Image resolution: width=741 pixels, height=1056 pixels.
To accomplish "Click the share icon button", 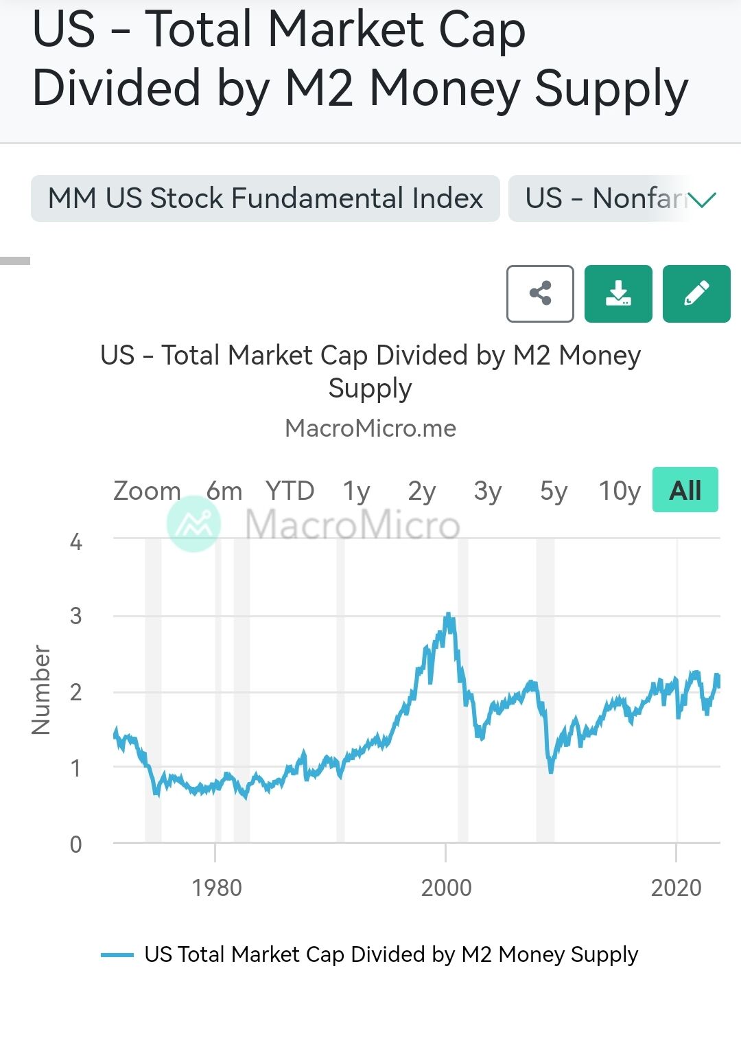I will [x=540, y=294].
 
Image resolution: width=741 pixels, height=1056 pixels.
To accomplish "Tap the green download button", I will [x=618, y=294].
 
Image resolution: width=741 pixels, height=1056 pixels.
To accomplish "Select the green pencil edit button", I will [x=696, y=294].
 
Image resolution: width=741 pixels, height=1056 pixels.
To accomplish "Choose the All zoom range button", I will [x=685, y=490].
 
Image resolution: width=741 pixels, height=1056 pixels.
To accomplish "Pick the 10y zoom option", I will [x=619, y=491].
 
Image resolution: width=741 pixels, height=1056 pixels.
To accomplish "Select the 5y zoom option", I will [x=554, y=491].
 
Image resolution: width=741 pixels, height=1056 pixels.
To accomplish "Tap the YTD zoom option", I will [x=290, y=491].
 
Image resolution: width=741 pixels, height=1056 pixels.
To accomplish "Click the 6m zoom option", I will [x=224, y=491].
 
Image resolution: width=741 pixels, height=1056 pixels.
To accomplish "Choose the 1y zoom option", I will [x=356, y=491].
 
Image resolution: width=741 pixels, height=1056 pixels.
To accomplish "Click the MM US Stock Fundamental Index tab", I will [x=266, y=198].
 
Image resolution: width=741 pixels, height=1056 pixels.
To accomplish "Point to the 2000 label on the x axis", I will [x=446, y=888].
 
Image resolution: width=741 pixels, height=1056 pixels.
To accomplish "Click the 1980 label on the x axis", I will [x=217, y=888].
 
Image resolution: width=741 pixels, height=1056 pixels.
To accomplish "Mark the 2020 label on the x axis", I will [x=676, y=888].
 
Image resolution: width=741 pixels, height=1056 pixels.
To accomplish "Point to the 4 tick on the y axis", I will [x=76, y=542].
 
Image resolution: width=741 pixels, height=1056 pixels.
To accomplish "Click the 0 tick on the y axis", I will [x=76, y=844].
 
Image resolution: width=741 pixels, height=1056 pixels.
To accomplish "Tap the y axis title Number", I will [x=41, y=690].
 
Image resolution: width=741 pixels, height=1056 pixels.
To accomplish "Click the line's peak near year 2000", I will [x=448, y=615].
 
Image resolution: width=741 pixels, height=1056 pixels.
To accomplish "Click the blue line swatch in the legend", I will [x=117, y=954].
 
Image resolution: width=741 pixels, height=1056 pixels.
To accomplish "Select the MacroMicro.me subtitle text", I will [x=370, y=428].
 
